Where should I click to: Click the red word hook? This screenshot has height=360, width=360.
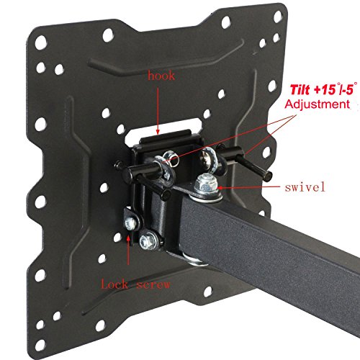[161, 76]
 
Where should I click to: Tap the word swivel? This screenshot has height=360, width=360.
[305, 186]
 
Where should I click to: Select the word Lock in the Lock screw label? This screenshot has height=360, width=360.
[114, 284]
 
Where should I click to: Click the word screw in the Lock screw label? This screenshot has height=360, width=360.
[153, 285]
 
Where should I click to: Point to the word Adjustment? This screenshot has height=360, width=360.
[318, 104]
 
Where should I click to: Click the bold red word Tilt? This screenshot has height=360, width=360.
[300, 90]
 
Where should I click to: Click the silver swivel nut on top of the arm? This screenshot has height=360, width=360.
[206, 185]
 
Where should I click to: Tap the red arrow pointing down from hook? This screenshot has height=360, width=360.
[158, 111]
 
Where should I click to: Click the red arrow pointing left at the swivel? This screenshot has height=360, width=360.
[248, 187]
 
